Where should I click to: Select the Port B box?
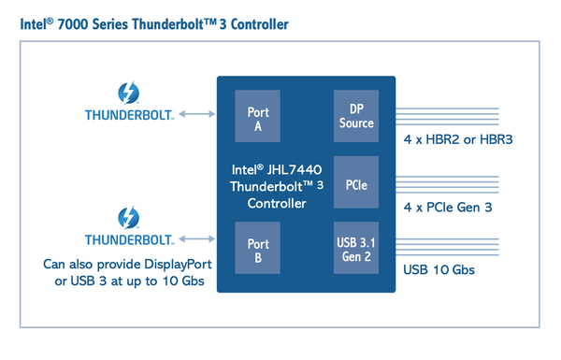(258, 250)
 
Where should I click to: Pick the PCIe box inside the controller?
(355, 181)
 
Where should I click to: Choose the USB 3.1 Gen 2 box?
(355, 250)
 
